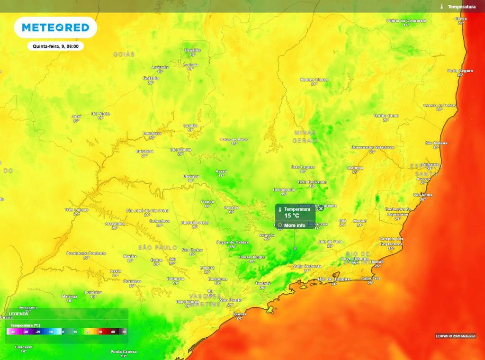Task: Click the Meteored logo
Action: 55,27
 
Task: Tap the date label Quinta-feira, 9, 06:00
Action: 55,46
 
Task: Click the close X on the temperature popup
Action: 321,208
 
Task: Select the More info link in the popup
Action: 294,225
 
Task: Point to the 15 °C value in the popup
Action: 292,216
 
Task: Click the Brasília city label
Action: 193,50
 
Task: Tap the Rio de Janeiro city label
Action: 334,279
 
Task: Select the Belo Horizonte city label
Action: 312,181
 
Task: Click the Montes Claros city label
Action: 314,80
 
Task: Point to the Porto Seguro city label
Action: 460,71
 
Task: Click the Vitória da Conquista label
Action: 406,21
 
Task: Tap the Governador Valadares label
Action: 372,147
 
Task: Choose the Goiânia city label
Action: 151,78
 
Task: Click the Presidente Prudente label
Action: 86,253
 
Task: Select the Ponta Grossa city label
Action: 124,351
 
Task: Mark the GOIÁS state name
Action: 124,54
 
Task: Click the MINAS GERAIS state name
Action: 305,136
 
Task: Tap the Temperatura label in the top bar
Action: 461,7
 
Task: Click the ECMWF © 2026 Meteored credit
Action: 455,336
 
